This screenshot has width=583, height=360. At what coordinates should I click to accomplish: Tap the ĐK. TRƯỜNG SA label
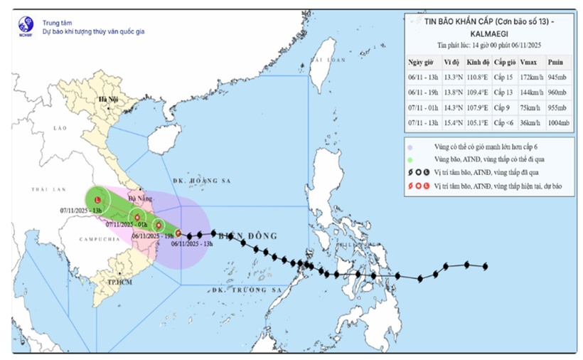click(x=247, y=290)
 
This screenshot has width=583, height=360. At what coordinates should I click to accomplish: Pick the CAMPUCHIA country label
click(x=92, y=238)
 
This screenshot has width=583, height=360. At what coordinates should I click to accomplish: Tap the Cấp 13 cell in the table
click(x=504, y=92)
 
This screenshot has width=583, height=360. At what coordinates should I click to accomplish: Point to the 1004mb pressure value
click(x=558, y=122)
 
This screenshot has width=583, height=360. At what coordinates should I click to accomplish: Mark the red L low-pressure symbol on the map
click(x=97, y=201)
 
